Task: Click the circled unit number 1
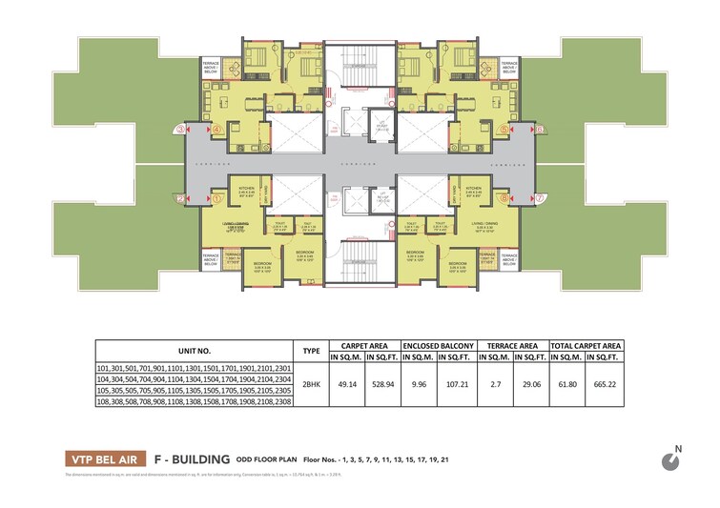tap(217, 198)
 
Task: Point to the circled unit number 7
tap(540, 198)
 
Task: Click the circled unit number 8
tap(504, 198)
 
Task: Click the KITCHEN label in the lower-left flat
tap(243, 189)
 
